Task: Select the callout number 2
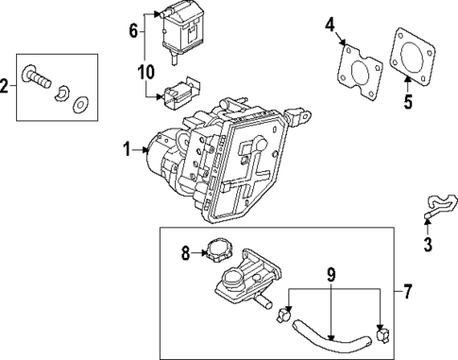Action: tap(5, 88)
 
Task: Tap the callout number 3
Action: tap(428, 248)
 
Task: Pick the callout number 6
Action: tap(133, 31)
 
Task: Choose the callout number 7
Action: tap(409, 290)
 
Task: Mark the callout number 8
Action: tap(185, 252)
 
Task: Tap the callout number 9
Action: tap(331, 278)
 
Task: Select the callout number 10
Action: tap(144, 71)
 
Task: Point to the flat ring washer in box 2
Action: tap(81, 101)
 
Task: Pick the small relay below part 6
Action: tap(176, 94)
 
